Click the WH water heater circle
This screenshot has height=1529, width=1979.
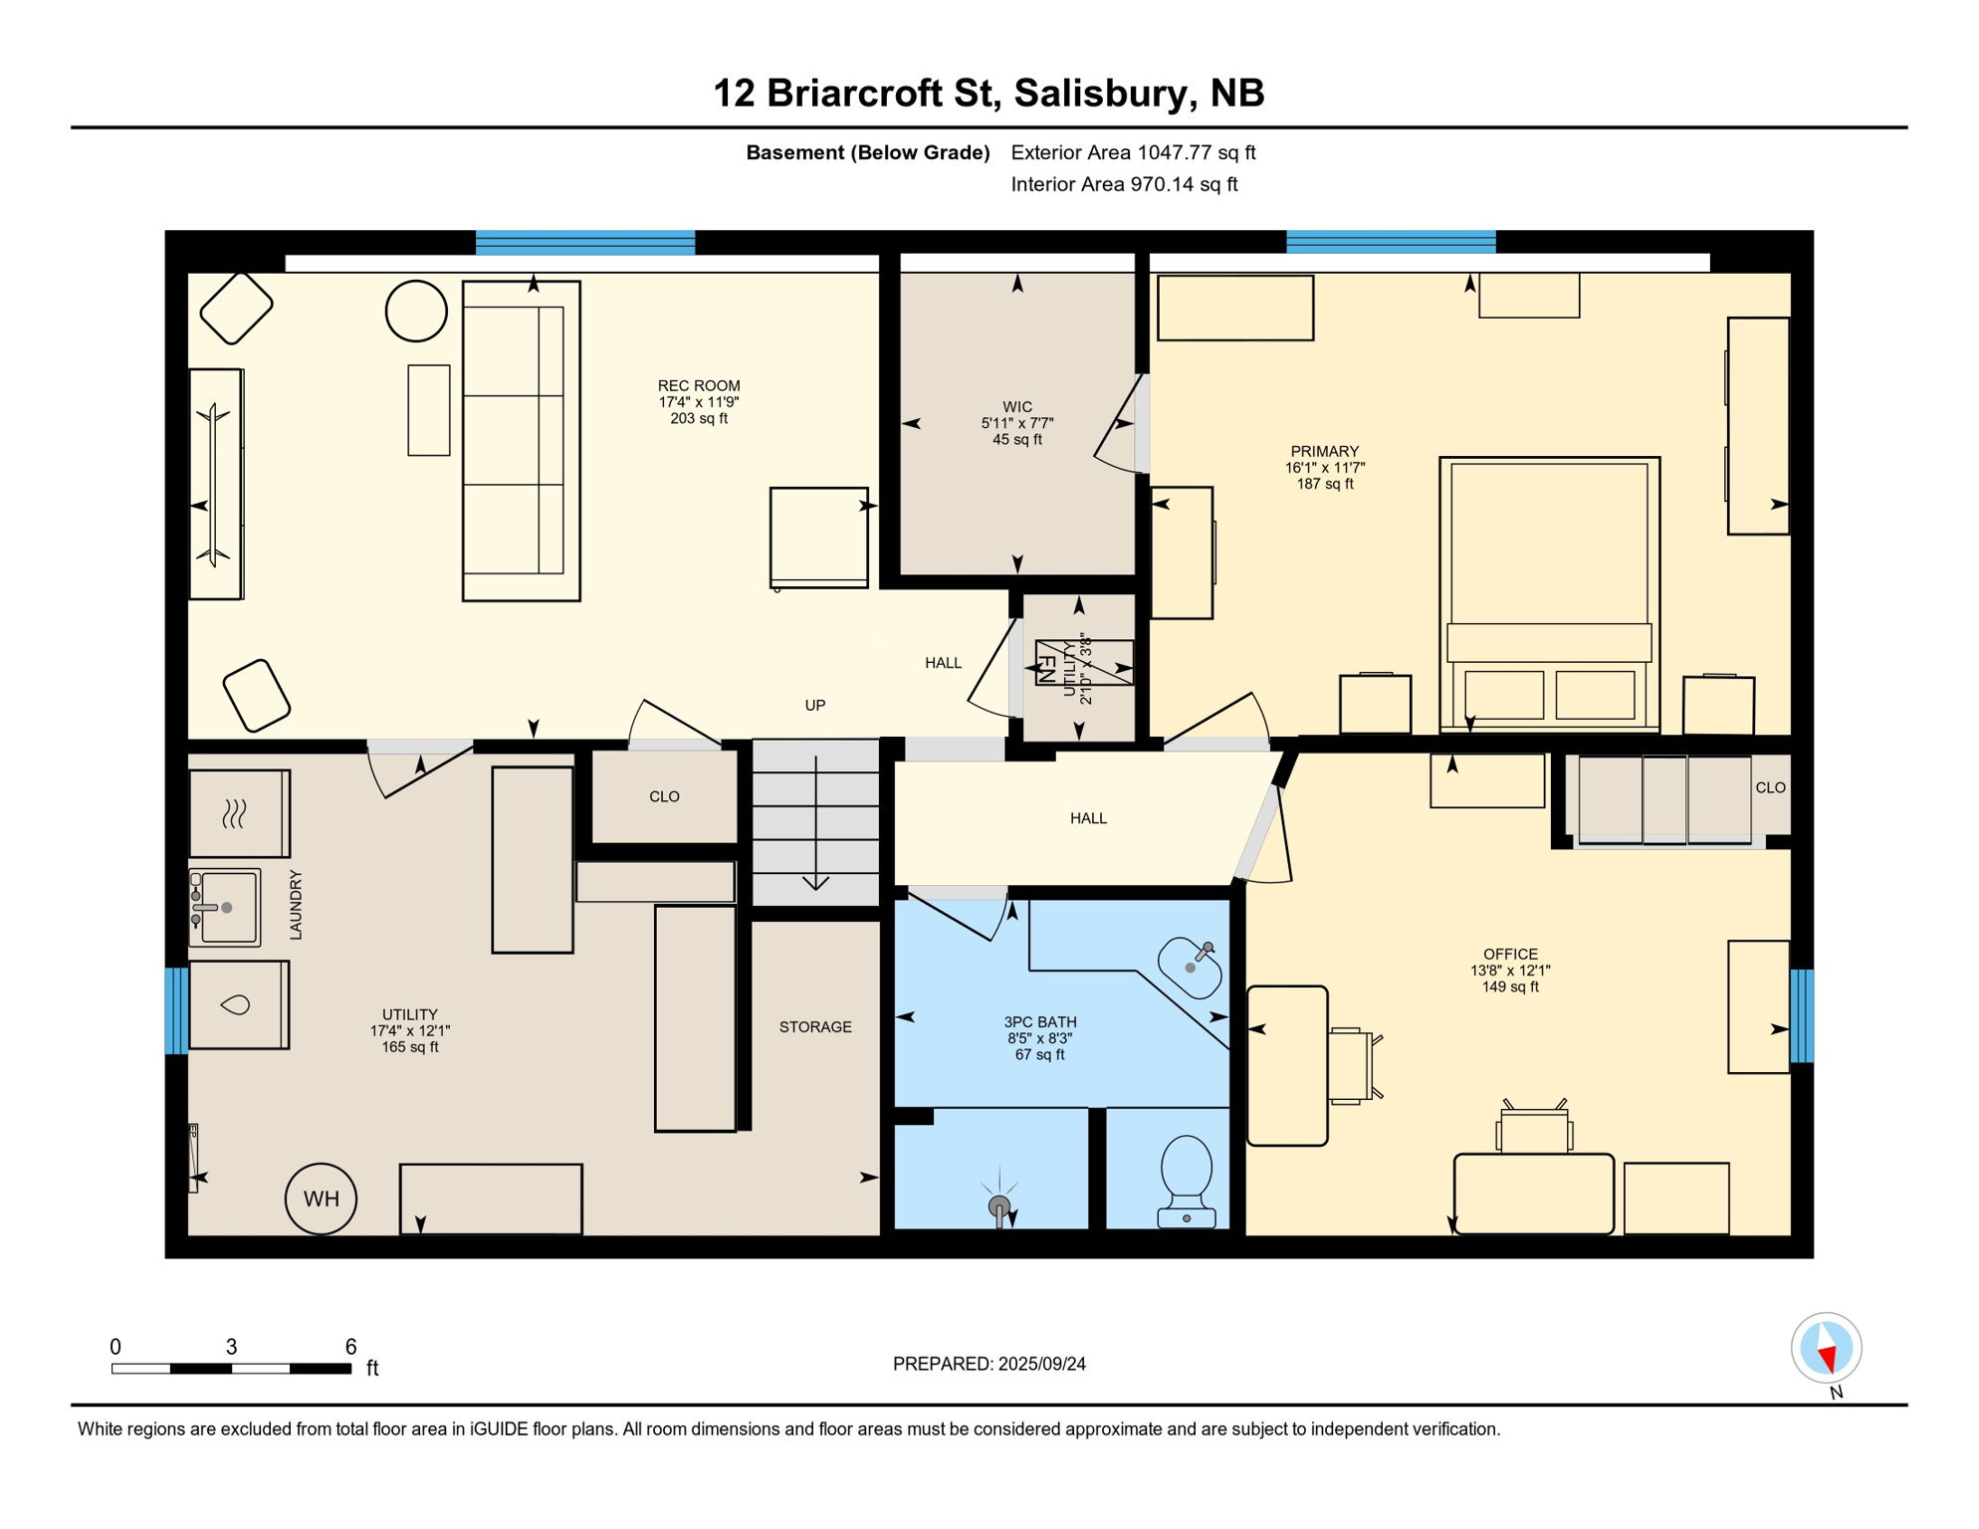pyautogui.click(x=321, y=1199)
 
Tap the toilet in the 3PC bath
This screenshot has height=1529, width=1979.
pyautogui.click(x=1186, y=1180)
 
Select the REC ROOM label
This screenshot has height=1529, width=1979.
pyautogui.click(x=699, y=386)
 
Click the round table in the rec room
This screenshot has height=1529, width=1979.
pyautogui.click(x=416, y=312)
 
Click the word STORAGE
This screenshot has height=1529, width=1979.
pyautogui.click(x=815, y=1027)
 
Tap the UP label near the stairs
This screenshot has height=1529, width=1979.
pyautogui.click(x=815, y=706)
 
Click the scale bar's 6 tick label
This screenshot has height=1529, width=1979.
pyautogui.click(x=350, y=1347)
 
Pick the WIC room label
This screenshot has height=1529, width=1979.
pyautogui.click(x=1017, y=407)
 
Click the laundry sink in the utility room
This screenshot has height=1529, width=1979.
pyautogui.click(x=224, y=908)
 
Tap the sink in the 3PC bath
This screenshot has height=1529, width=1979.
pyautogui.click(x=1191, y=967)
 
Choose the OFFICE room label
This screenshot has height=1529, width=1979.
pyautogui.click(x=1510, y=954)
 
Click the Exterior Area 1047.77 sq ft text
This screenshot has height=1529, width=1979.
pyautogui.click(x=1133, y=152)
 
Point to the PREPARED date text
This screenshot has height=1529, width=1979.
pyautogui.click(x=989, y=1364)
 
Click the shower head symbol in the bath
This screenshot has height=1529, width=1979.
pyautogui.click(x=999, y=1207)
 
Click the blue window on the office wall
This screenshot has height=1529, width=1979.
pyautogui.click(x=1802, y=1015)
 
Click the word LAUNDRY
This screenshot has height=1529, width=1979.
pyautogui.click(x=296, y=905)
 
